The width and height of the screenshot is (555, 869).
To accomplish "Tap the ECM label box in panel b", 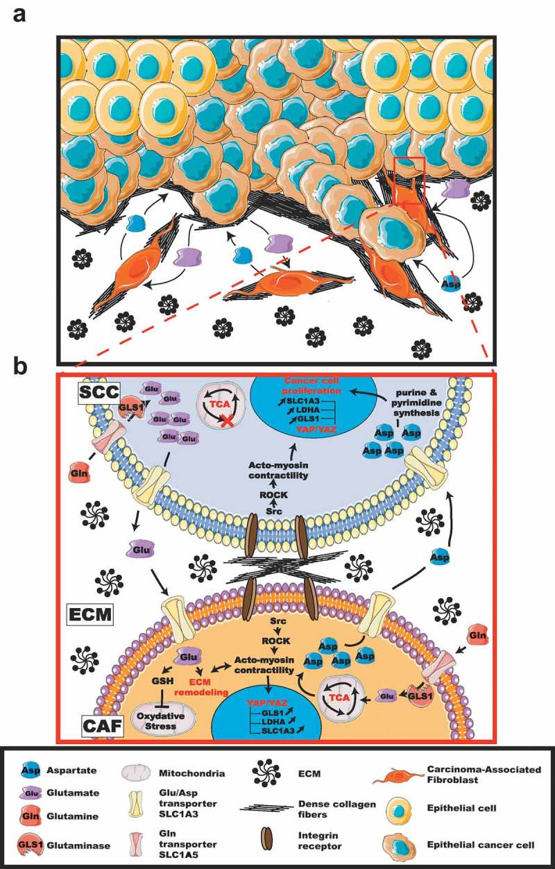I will pyautogui.click(x=91, y=614).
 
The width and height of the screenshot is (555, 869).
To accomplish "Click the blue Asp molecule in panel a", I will pyautogui.click(x=452, y=284).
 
